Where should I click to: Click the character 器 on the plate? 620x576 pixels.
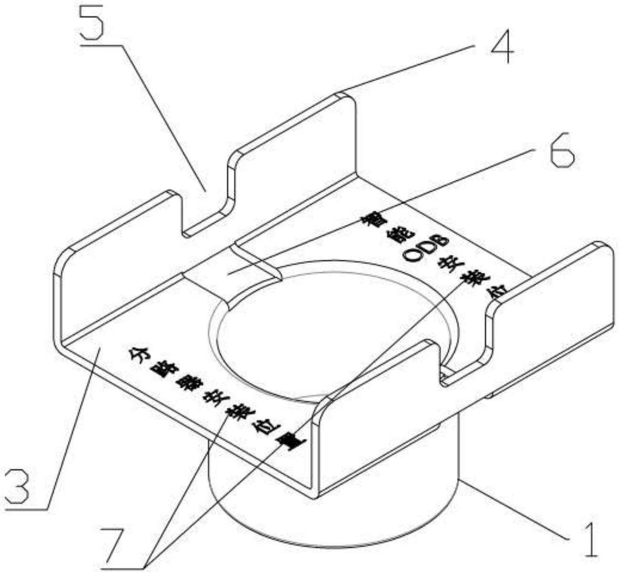click(x=187, y=381)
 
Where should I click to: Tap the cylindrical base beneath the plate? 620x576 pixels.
click(x=334, y=506)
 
